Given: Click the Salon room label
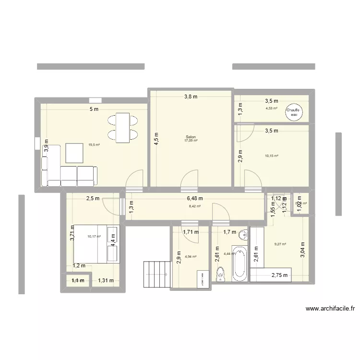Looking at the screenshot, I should coord(191,137).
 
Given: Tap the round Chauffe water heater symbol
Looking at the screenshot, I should coord(293,112).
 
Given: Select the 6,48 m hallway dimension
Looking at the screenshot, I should coord(194,198).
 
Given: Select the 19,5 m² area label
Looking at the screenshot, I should coord(94,144).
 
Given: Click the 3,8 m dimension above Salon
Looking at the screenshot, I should coord(191,96).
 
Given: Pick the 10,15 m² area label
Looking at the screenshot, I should coord(272,156).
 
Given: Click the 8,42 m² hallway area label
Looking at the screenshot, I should coord(194,206).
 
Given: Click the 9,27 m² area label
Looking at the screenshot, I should coord(280,244).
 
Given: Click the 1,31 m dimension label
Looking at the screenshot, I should coord(106,281).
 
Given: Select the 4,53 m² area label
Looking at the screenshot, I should coord(272,108).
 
